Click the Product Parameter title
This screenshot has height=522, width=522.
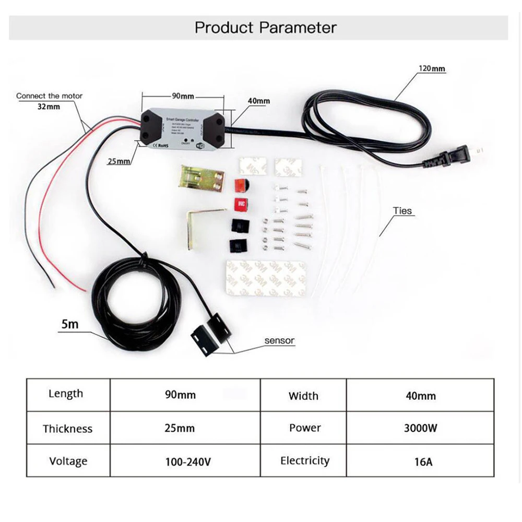(266, 28)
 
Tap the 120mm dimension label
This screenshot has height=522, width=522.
(432, 68)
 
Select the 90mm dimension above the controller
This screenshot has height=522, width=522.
(183, 96)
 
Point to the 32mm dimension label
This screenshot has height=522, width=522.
(49, 106)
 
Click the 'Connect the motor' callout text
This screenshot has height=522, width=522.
(49, 96)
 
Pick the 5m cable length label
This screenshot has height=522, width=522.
(69, 324)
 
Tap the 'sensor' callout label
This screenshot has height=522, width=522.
(279, 341)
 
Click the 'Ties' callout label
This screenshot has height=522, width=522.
(402, 211)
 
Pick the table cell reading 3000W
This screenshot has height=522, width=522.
(420, 429)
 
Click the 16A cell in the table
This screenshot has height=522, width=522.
(420, 461)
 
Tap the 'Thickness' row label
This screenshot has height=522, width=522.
(68, 429)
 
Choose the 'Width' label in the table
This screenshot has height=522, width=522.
(303, 396)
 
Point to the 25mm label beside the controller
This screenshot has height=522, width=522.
(120, 161)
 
